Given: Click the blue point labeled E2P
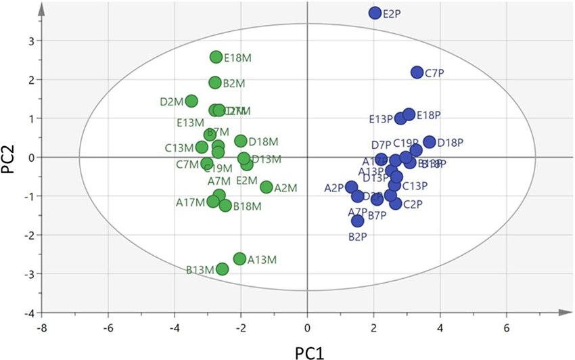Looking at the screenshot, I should tap(375, 13).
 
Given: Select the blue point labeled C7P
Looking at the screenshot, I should tap(417, 72).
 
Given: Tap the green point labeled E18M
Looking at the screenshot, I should tap(216, 58).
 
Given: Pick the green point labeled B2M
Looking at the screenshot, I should tap(215, 83).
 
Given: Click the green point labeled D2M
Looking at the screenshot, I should tap(191, 101).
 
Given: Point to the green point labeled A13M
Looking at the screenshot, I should tap(239, 258).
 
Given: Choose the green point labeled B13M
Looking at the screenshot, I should tap(222, 269).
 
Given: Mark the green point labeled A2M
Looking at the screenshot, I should tap(267, 187).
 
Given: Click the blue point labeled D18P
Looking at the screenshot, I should tap(429, 142).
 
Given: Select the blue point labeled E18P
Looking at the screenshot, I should tap(409, 114).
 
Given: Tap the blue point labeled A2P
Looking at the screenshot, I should tap(351, 187).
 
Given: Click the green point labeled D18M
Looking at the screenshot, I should tap(241, 141).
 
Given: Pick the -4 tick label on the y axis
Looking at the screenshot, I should tap(28, 313).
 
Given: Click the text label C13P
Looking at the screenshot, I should tap(415, 186).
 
